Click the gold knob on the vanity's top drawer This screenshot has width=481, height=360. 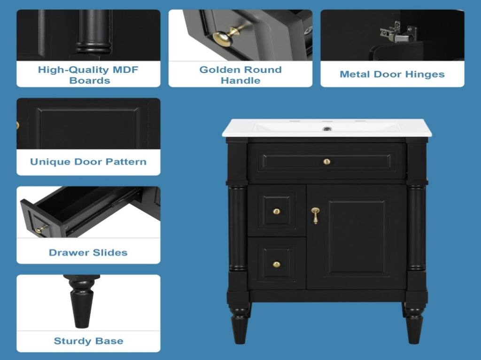(x=327, y=161)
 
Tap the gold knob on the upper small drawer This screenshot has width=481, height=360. (x=276, y=211)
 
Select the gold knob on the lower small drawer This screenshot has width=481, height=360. (x=276, y=264)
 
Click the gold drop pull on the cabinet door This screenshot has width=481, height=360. (x=315, y=215)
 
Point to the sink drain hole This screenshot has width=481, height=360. (x=327, y=129)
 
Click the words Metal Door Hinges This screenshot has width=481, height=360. (x=392, y=74)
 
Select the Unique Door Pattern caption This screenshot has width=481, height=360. (x=88, y=162)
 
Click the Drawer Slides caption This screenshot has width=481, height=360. (x=88, y=252)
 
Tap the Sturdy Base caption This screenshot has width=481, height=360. (x=88, y=341)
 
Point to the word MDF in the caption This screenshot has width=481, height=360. (x=125, y=70)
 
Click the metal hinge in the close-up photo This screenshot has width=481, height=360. (x=397, y=32)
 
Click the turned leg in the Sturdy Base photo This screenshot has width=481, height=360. (x=82, y=301)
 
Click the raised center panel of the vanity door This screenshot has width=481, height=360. (x=357, y=236)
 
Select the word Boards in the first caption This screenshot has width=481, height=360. (x=90, y=80)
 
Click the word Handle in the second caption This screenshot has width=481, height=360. (x=240, y=80)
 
